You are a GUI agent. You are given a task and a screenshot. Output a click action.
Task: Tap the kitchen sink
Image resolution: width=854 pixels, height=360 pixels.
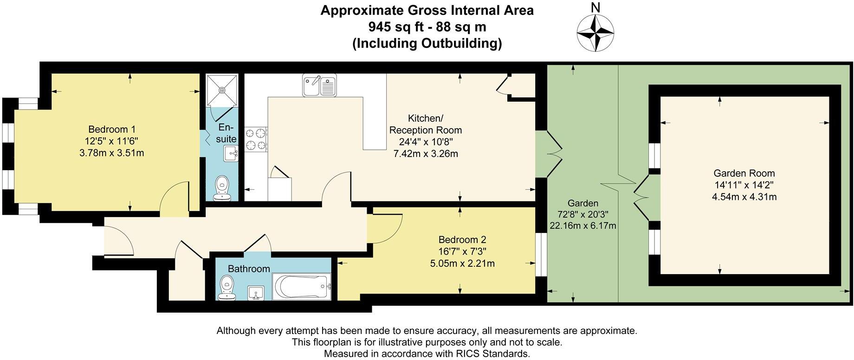click(x=320, y=85)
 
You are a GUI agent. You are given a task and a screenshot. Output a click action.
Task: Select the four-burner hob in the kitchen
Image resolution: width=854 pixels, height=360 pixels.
click(x=256, y=139)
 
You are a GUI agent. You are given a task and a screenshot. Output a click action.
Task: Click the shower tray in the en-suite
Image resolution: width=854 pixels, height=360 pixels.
click(x=222, y=90)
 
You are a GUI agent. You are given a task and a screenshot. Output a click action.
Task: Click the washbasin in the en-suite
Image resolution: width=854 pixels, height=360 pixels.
click(x=231, y=153)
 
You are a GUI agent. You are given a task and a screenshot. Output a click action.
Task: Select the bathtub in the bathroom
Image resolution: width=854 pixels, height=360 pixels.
click(x=302, y=286)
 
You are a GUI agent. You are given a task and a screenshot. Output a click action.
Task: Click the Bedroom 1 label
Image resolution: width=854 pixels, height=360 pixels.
click(x=112, y=129)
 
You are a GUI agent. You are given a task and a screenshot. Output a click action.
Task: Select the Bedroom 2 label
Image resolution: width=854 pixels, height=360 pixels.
click(x=462, y=240)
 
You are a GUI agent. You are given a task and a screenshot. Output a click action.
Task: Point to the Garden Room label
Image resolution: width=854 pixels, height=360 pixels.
click(x=744, y=174)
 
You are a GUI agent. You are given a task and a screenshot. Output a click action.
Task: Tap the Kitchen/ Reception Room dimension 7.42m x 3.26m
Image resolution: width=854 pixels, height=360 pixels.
click(x=426, y=154)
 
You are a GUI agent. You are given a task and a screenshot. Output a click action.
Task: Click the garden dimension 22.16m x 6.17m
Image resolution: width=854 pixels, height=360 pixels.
click(x=583, y=226)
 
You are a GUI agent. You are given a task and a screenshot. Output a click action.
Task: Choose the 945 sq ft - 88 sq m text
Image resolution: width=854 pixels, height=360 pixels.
click(x=427, y=27)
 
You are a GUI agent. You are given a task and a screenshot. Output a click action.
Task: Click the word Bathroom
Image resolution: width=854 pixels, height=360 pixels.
click(x=249, y=269)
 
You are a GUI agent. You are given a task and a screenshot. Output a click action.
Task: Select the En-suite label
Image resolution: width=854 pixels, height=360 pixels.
click(x=227, y=133)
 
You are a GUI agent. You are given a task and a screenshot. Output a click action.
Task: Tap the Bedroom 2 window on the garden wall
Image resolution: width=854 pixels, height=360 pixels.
click(x=541, y=254)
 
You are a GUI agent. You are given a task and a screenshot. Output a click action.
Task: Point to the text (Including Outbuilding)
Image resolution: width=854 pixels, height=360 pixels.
click(x=427, y=44)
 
